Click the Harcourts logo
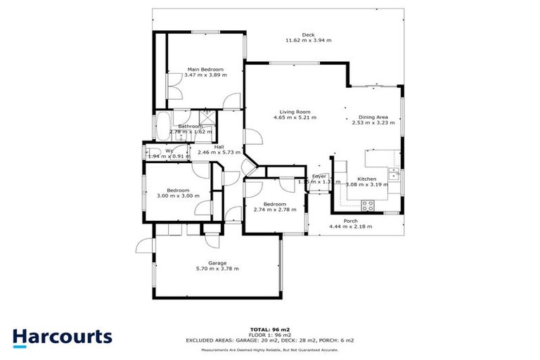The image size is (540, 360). [63, 337]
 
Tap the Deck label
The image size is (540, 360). [308, 34]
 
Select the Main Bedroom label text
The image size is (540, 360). [205, 69]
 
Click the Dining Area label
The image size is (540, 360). [373, 117]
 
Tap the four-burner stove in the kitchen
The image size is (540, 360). [367, 205]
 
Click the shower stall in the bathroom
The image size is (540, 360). [207, 117]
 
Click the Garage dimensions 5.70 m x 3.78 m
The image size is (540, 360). [217, 269]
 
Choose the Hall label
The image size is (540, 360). [219, 146]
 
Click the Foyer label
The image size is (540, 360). [319, 176]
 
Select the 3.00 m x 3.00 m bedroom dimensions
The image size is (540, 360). [178, 196]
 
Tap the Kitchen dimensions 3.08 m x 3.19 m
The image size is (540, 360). [367, 184]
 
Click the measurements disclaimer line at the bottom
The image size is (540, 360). [270, 349]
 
